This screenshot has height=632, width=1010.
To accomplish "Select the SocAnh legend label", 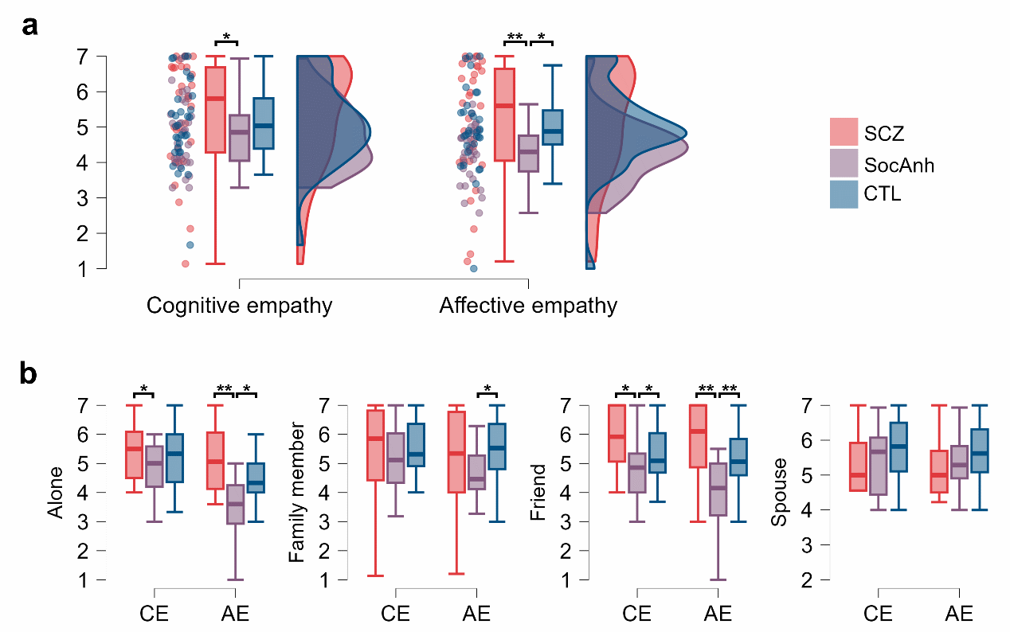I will [x=898, y=166].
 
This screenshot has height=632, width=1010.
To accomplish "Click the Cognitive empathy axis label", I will [x=239, y=306].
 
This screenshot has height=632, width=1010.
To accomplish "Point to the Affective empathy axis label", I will [x=528, y=306].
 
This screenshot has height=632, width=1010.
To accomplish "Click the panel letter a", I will [x=30, y=25].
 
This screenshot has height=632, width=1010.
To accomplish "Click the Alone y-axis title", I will [x=56, y=493].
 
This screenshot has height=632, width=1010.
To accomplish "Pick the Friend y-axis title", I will [x=538, y=493].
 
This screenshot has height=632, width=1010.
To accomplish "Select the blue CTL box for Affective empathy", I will [x=553, y=127].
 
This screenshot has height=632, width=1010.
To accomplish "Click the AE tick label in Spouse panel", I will [x=959, y=614].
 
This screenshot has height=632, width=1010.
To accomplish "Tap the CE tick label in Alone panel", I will [x=155, y=614].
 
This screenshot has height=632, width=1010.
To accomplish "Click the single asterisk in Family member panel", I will [x=488, y=389].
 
